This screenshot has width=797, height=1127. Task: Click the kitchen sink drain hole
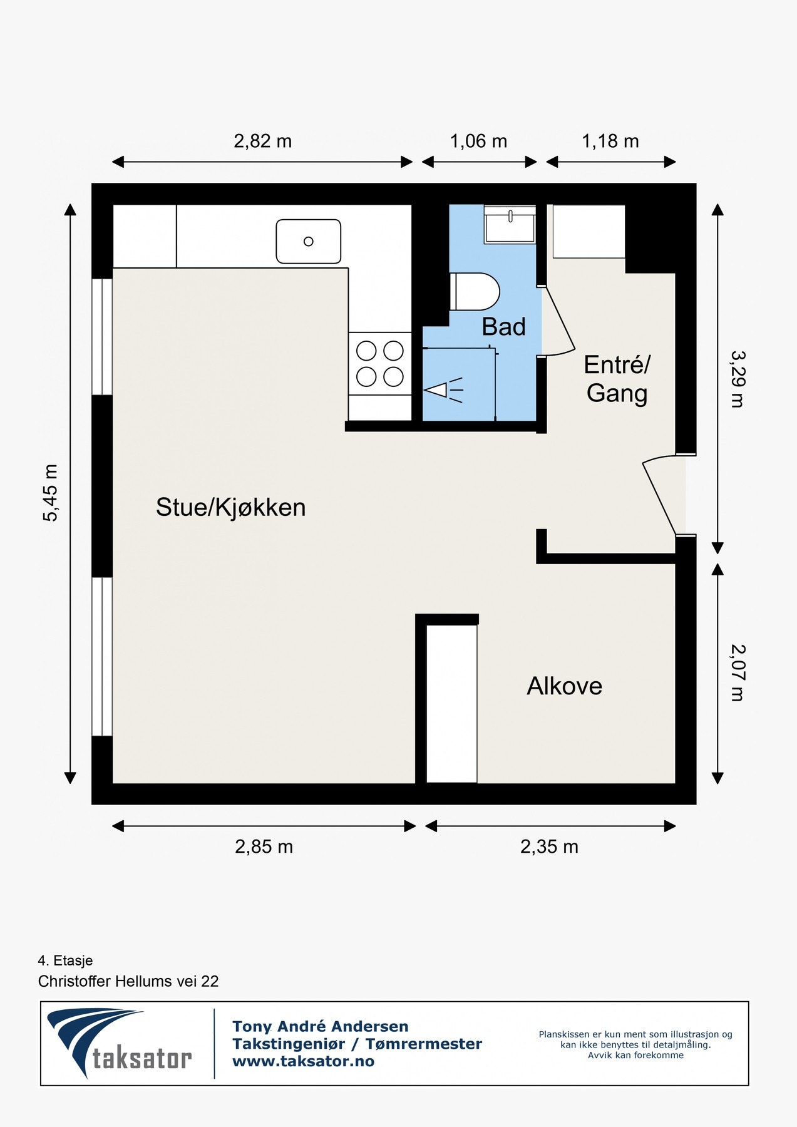(x=308, y=241)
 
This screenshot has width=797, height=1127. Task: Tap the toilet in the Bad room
(x=475, y=292)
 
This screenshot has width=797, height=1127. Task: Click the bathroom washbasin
(x=510, y=224)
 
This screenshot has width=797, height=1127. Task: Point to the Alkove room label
(x=564, y=686)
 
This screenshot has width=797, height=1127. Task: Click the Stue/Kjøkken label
(x=230, y=507)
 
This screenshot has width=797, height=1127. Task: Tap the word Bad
(x=503, y=327)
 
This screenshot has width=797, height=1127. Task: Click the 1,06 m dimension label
(x=478, y=142)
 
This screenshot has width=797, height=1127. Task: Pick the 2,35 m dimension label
(x=549, y=847)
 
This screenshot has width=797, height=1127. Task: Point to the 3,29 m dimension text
(x=738, y=379)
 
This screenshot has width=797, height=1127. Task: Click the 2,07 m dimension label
(x=738, y=672)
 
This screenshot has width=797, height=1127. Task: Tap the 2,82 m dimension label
(x=262, y=142)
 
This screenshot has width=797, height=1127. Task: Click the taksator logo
(x=119, y=1044)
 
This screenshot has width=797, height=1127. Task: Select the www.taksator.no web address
(x=303, y=1061)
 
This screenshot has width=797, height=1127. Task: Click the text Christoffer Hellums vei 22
(x=128, y=981)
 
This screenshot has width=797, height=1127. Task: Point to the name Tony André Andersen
(x=320, y=1026)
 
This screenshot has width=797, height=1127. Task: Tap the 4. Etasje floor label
(x=65, y=960)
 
